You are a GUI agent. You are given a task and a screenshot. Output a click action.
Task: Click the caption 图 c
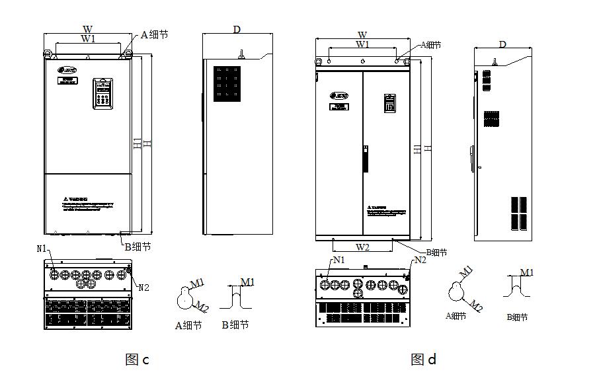[x=137, y=360]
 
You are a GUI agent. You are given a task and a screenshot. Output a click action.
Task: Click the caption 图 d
[x=423, y=360]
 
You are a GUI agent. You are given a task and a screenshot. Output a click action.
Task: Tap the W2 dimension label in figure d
[x=362, y=247]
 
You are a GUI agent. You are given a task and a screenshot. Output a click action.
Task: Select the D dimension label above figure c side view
[x=237, y=30]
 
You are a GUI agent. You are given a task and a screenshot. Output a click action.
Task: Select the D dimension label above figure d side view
[x=502, y=44]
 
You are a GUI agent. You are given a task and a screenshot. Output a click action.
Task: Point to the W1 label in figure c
[x=88, y=39]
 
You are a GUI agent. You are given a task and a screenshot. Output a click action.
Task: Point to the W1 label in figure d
[x=362, y=44]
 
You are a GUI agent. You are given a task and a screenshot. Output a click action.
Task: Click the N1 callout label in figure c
[x=42, y=249]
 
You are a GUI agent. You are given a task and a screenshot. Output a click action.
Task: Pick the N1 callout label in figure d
[x=339, y=260]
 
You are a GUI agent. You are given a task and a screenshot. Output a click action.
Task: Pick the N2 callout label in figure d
[x=420, y=260]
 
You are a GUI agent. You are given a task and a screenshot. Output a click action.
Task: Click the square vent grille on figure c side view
[x=226, y=83]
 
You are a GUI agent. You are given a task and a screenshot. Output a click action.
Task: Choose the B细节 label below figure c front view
[x=138, y=247]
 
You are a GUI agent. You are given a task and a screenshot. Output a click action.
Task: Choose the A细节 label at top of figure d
[x=431, y=45]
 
